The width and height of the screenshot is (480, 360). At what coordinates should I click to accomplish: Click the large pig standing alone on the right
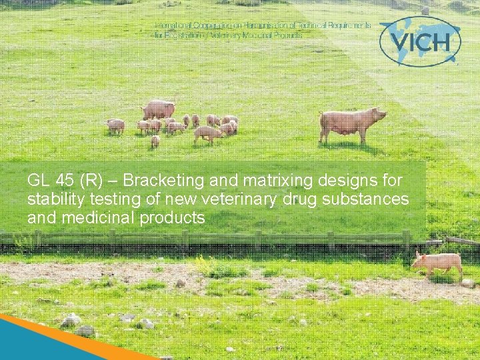pos(350,123)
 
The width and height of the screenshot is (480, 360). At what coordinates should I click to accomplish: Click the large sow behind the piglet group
pos(159,108)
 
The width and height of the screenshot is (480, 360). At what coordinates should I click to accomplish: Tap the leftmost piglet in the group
pos(115,125)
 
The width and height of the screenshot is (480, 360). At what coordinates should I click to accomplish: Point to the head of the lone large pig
pos(379,114)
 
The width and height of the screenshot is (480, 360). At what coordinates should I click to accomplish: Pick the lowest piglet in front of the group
pos(155,141)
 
